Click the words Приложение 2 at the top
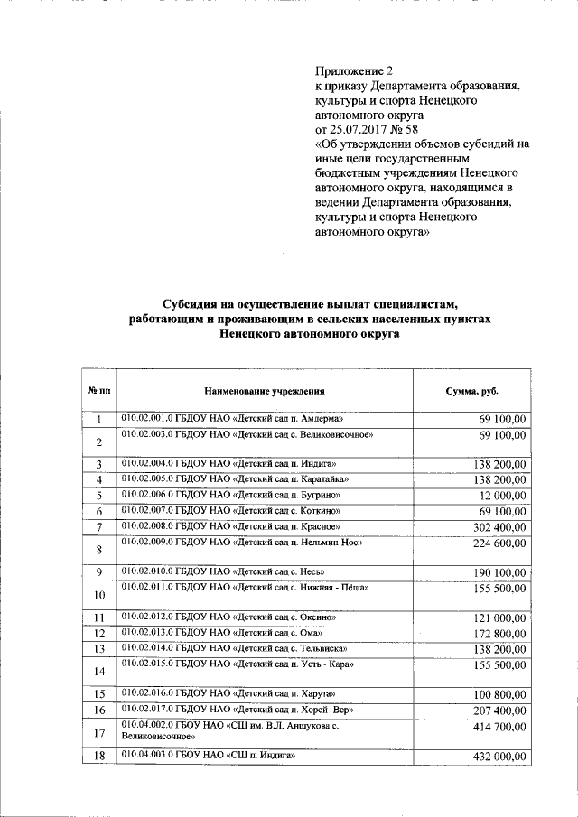[355, 71]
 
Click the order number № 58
[415, 130]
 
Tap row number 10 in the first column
[99, 595]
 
